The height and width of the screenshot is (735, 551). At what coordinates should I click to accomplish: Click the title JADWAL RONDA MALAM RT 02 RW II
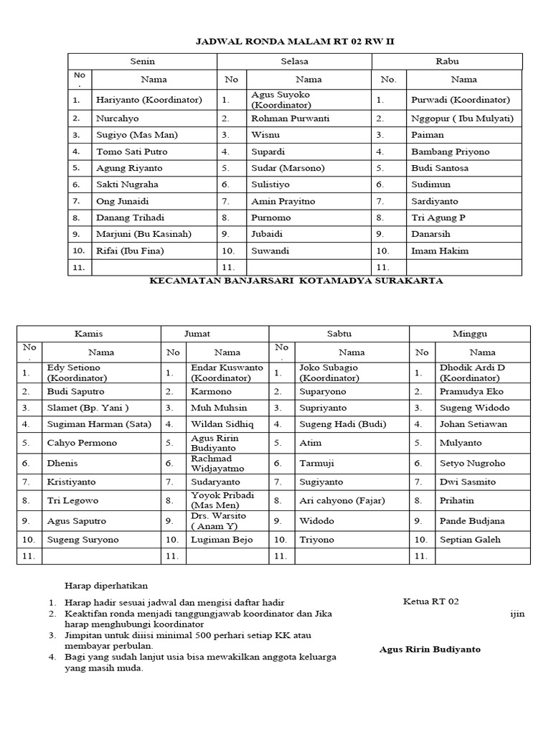point(295,42)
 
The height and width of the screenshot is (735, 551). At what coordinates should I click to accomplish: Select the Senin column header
point(142,62)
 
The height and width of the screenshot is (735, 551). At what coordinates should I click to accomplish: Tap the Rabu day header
point(447,62)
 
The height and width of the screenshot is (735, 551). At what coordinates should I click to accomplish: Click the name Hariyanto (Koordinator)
point(149,100)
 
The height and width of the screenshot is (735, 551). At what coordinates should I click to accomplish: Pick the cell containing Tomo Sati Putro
point(129,151)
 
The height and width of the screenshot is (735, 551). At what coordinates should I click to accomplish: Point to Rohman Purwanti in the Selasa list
point(285,118)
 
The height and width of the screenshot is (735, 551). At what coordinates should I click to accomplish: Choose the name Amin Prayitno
point(282,202)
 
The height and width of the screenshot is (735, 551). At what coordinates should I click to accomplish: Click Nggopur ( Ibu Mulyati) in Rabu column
point(462,118)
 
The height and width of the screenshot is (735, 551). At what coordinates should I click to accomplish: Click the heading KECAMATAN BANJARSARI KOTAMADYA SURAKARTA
point(296,281)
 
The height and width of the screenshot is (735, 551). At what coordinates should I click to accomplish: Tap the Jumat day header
point(215,334)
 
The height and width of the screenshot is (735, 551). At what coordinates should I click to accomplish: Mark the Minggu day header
point(470,334)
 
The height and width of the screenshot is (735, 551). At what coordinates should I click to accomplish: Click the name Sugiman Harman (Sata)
point(99,424)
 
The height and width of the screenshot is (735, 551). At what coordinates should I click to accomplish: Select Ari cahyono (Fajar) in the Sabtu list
point(342,500)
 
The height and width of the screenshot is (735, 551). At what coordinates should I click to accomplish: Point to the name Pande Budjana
point(471,520)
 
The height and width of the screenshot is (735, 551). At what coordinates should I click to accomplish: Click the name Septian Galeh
point(470,539)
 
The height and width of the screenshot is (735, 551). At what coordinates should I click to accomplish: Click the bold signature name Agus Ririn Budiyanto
point(430,650)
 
